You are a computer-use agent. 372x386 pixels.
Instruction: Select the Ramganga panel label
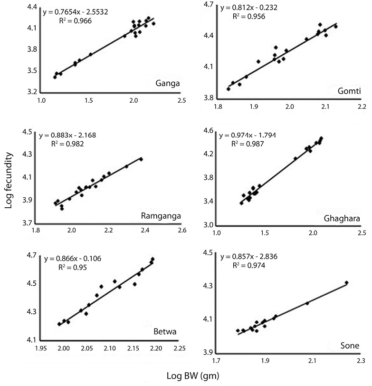[x=161, y=217]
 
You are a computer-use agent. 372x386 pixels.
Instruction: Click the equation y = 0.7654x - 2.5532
[x=78, y=12]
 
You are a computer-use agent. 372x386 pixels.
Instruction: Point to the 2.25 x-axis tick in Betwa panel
[x=179, y=348]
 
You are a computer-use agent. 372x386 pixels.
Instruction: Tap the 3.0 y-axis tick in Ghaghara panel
[x=208, y=225]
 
